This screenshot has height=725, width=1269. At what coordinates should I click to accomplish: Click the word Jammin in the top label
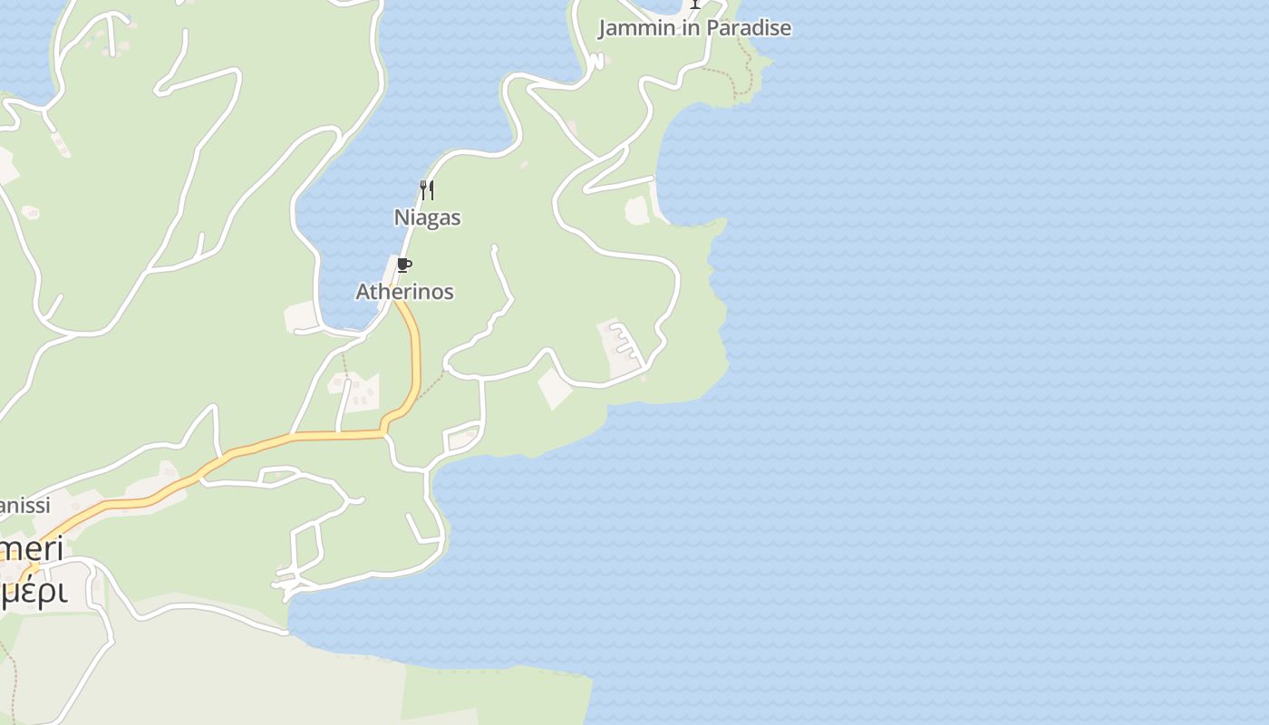(636, 28)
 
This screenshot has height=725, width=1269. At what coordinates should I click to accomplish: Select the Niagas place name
(427, 217)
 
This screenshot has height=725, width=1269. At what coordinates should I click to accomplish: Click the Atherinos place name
(404, 292)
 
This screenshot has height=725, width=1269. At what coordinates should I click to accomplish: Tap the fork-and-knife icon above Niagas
(427, 190)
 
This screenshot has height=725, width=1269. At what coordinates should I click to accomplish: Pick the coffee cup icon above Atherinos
(404, 266)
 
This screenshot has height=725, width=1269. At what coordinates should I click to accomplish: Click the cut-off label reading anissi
(24, 506)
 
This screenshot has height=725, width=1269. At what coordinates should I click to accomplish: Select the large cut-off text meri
(33, 549)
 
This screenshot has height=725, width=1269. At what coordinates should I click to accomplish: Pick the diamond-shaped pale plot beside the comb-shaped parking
(555, 388)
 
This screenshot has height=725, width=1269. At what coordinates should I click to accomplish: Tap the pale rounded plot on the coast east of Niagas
(637, 210)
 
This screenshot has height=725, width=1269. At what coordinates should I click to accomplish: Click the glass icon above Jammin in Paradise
(695, 4)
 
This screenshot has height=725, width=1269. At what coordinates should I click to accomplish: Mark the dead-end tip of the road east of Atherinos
(494, 246)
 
